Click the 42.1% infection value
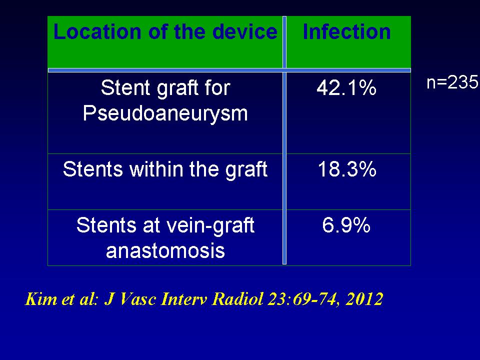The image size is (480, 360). [x=346, y=88]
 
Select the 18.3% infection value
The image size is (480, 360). [x=347, y=169]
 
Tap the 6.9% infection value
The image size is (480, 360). [x=346, y=225]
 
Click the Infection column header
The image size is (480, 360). [x=346, y=31]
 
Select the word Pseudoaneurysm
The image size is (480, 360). [x=165, y=114]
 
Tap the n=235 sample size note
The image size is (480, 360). [x=452, y=82]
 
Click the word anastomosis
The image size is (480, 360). [x=165, y=250]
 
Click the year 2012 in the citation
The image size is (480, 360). [x=364, y=298]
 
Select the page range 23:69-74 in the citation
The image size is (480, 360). [x=303, y=299]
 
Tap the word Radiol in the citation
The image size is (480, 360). [x=237, y=298]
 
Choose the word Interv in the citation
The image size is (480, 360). [x=184, y=298]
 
